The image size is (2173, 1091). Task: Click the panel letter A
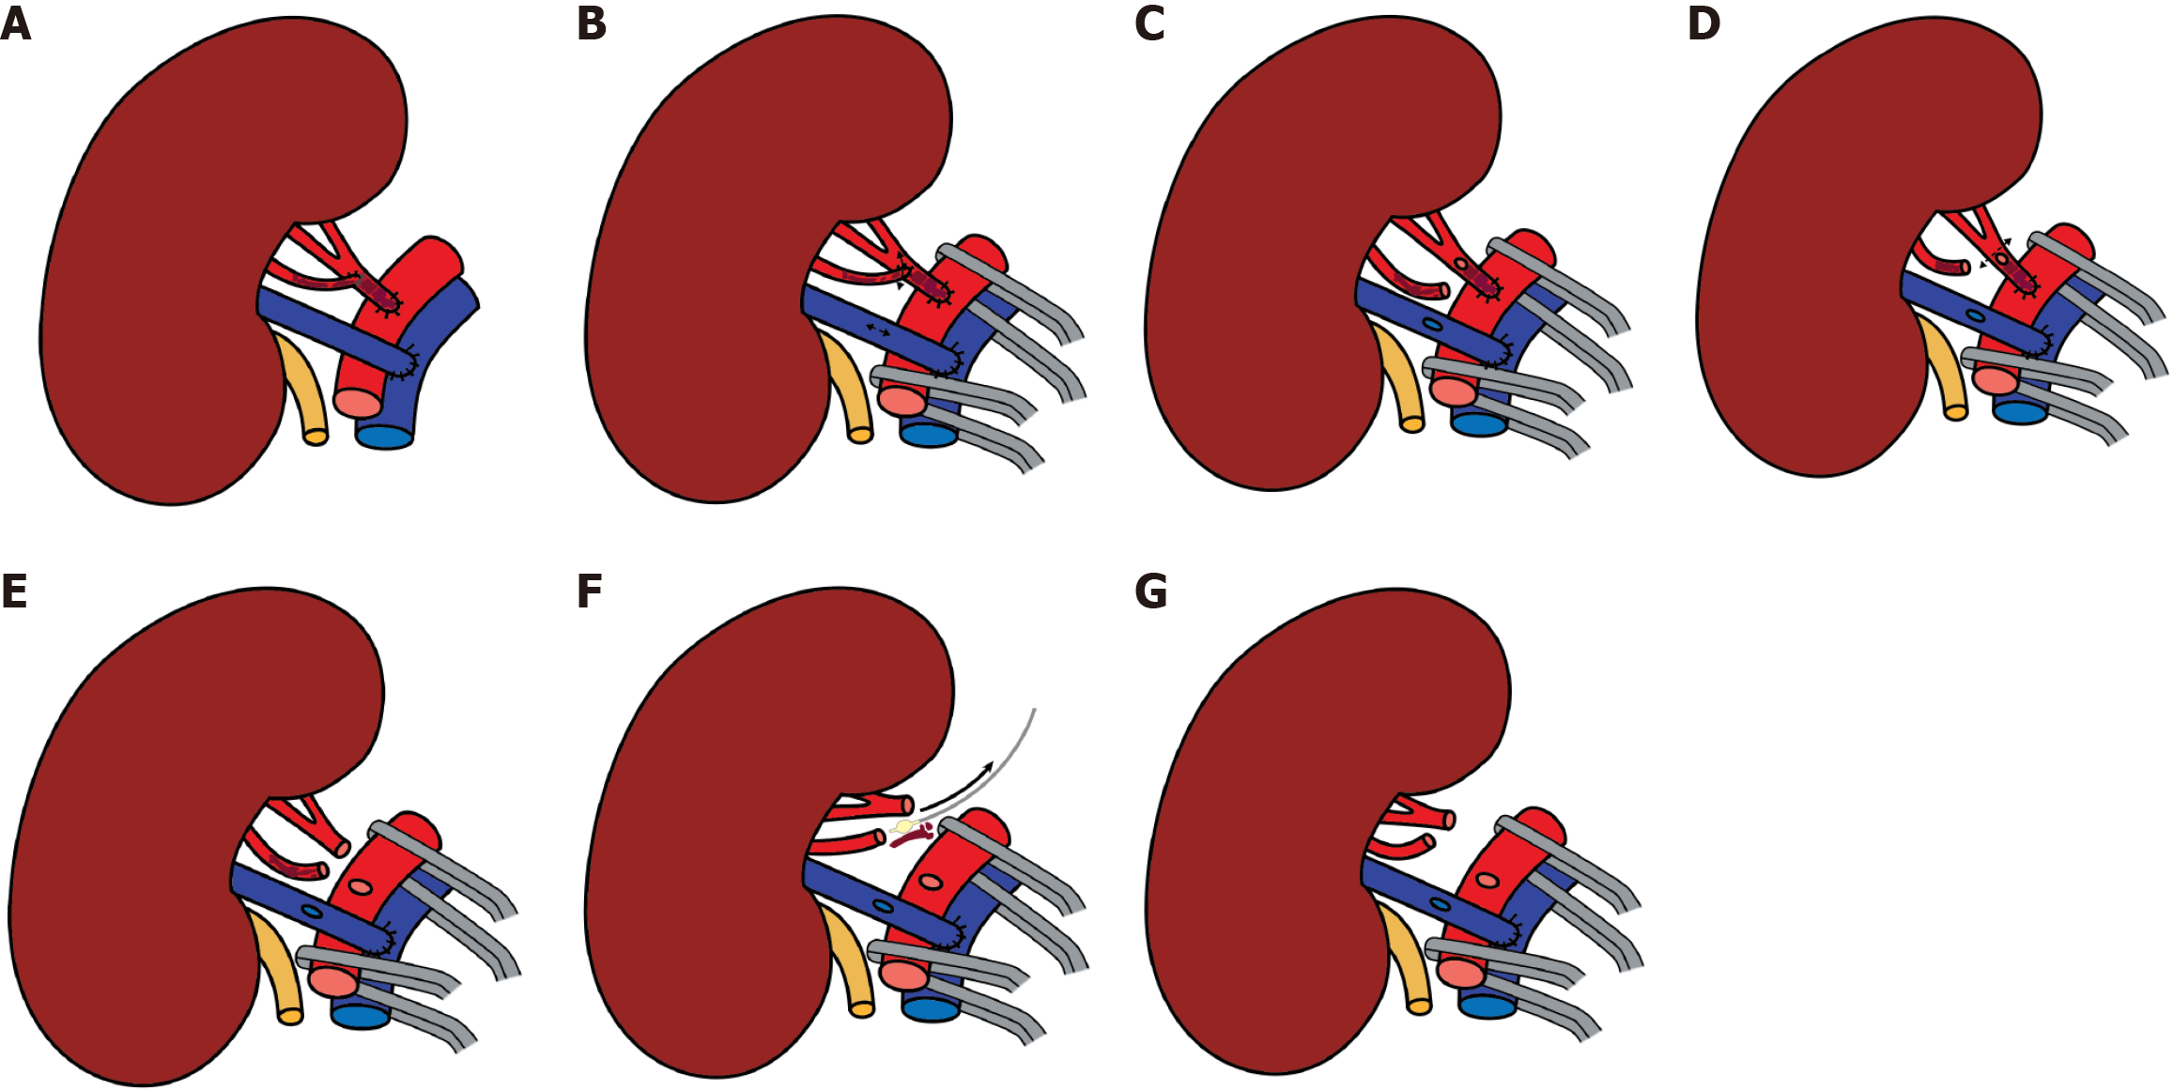point(16,24)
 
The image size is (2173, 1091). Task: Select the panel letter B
point(592,24)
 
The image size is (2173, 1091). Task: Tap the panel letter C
point(1149,24)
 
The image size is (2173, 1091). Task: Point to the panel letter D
point(1703,24)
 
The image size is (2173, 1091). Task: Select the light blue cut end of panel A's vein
point(385,437)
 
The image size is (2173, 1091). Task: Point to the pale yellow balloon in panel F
point(903,827)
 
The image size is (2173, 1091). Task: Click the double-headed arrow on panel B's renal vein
point(879,330)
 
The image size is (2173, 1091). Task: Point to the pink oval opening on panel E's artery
point(361,887)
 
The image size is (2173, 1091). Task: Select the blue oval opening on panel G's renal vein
point(1440,904)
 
